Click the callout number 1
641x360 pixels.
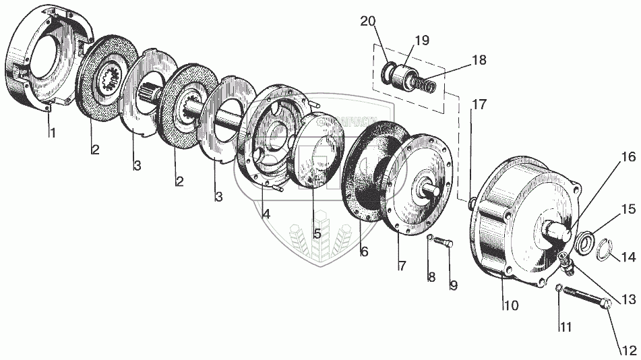coord(51,133)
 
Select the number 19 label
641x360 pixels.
coord(421,40)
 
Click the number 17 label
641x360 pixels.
coord(478,104)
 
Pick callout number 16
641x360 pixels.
coord(628,158)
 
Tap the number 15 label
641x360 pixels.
coord(628,210)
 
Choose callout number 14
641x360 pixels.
coord(628,256)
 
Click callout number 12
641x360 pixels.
coord(627,350)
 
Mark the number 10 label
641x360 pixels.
coord(510,305)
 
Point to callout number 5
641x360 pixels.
coord(315,235)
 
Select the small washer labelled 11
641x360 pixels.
coord(559,289)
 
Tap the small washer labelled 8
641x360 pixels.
coord(429,237)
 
